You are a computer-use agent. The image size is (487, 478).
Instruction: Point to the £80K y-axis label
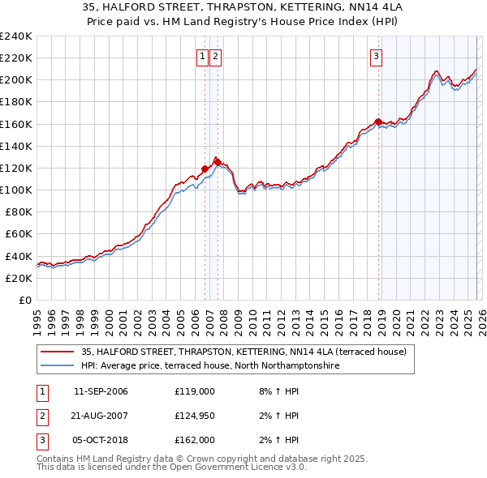pyautogui.click(x=18, y=212)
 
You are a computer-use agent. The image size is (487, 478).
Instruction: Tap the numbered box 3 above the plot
pyautogui.click(x=377, y=56)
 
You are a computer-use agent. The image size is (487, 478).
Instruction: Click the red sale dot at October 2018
pyautogui.click(x=378, y=122)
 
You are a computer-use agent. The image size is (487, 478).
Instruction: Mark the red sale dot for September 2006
pyautogui.click(x=205, y=169)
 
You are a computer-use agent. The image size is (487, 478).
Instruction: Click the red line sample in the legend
pyautogui.click(x=58, y=352)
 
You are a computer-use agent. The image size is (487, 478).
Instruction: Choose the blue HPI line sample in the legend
pyautogui.click(x=58, y=366)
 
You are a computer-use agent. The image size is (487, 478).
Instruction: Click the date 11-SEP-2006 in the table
pyautogui.click(x=101, y=391)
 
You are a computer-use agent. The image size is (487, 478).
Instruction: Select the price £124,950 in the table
pyautogui.click(x=195, y=416)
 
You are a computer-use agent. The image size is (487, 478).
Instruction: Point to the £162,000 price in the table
pyautogui.click(x=195, y=440)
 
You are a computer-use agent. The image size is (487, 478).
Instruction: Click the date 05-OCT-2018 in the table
pyautogui.click(x=101, y=440)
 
